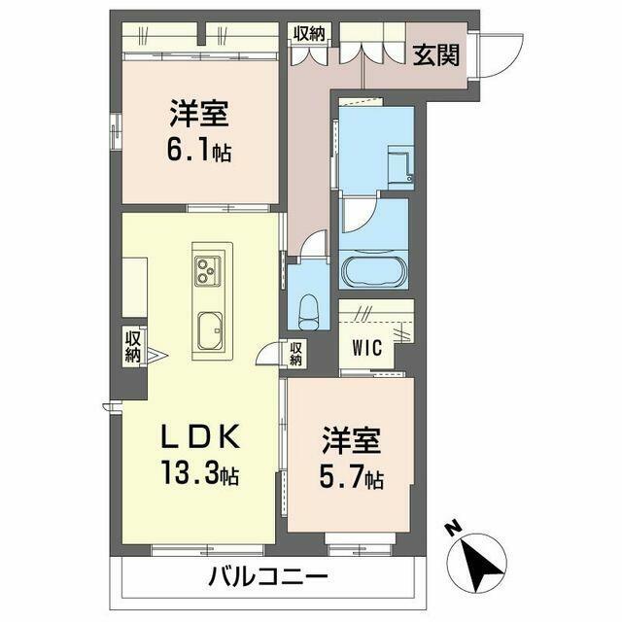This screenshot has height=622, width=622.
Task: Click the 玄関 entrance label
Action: coord(435,55)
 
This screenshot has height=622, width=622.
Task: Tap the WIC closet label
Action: coord(366,348)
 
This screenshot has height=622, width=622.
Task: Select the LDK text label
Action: coord(200,436)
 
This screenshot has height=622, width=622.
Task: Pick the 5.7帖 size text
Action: coord(352,478)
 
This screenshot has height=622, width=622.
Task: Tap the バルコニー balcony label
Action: coord(268,576)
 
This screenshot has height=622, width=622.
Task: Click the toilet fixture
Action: coord(309,312)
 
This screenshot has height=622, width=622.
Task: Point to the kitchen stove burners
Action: coord(207,270)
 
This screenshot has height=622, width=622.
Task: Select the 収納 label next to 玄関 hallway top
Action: coord(309,34)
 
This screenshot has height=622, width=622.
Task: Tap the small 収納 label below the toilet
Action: coord(295,354)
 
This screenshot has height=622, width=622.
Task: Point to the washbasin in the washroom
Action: coord(400,165)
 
